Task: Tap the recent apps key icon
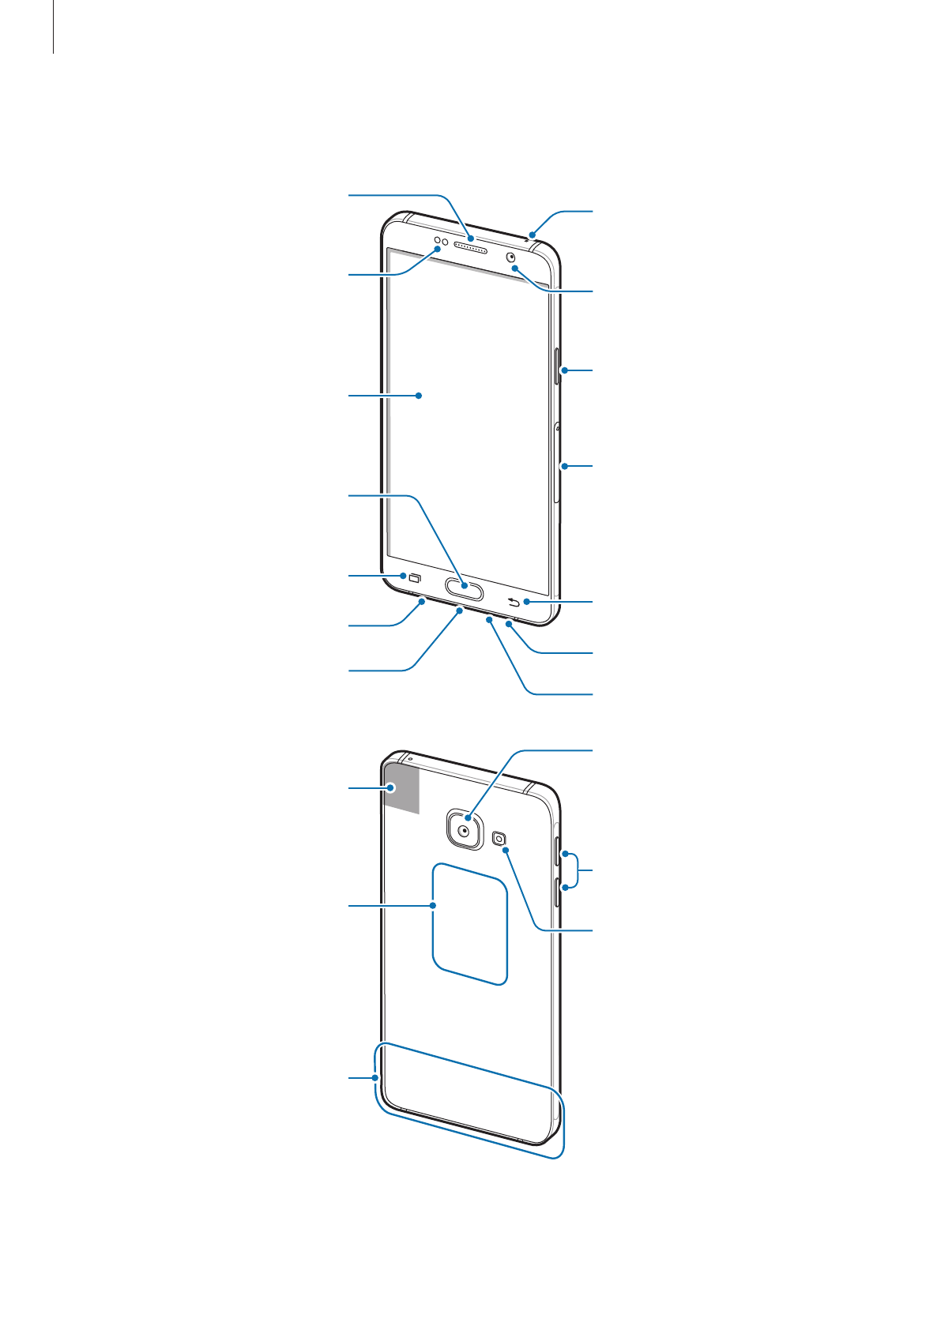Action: (x=415, y=577)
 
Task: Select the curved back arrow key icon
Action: (x=514, y=603)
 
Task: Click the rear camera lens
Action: (x=465, y=831)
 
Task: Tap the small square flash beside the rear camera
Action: (x=499, y=839)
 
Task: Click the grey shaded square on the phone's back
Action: (x=401, y=787)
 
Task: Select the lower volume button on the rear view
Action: (x=559, y=891)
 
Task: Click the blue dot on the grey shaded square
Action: (x=391, y=787)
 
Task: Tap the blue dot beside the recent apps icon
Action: (x=403, y=575)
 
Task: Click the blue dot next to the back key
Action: (x=527, y=603)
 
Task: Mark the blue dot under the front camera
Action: (x=514, y=269)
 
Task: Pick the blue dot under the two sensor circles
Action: (x=438, y=249)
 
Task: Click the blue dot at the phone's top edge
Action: (x=533, y=234)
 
